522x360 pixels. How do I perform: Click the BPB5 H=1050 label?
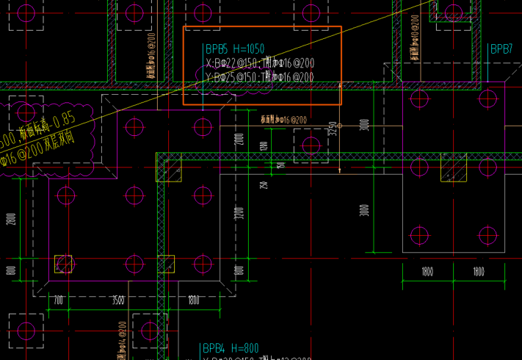tap(235, 49)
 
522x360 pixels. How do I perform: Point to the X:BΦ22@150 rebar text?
tap(232, 64)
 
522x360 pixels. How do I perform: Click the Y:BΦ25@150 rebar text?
tap(232, 77)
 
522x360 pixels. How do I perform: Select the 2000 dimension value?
tap(239, 140)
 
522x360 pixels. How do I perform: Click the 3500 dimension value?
tap(117, 300)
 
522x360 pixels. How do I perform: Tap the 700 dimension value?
tap(59, 300)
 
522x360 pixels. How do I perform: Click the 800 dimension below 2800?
tap(11, 270)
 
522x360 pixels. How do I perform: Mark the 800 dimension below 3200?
tap(239, 270)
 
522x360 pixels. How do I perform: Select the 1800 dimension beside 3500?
tap(193, 300)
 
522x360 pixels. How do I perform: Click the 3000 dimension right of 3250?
tap(365, 126)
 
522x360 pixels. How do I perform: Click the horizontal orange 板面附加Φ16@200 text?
tap(283, 119)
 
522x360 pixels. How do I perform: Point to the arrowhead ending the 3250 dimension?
tap(340, 171)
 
